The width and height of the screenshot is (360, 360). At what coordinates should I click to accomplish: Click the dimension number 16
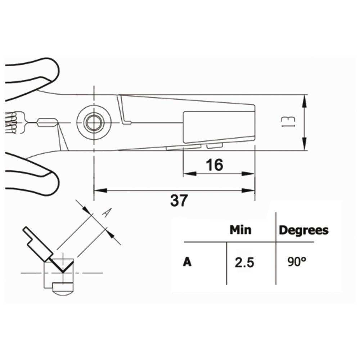coord(215,165)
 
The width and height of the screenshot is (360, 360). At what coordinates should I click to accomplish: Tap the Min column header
coord(240,230)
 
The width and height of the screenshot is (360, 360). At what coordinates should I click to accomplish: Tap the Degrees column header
coord(304,230)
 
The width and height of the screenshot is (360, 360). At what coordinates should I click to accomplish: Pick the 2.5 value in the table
coord(244,263)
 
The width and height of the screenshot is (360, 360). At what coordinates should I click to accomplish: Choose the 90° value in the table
coord(297,262)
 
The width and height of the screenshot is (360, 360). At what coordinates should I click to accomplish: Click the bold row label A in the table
coord(187,262)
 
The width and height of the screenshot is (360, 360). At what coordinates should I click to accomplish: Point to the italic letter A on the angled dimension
coord(105,213)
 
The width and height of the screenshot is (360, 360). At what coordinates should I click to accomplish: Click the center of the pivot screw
coord(94,123)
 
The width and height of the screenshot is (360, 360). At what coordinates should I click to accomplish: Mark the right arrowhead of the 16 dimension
coord(250,174)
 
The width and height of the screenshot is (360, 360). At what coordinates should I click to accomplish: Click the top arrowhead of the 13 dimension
coord(305,99)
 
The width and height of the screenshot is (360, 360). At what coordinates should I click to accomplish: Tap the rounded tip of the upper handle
coord(54,70)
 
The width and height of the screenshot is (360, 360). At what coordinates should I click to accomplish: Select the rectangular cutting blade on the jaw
coord(219,126)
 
